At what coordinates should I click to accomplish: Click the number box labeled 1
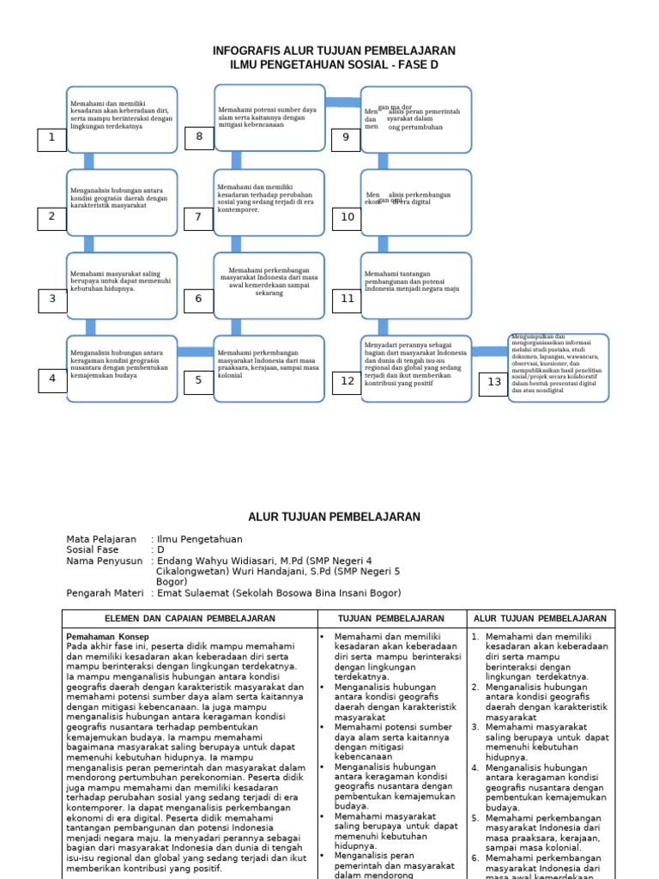point(51,139)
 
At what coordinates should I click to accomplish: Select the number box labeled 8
point(199,137)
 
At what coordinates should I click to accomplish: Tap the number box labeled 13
point(494,382)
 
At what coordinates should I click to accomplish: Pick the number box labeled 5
point(199,380)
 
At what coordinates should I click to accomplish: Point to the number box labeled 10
point(347,218)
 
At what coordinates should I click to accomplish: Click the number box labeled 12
point(347,381)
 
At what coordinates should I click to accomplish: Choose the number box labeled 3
point(52,300)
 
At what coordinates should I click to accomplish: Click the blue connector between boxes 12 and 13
point(490,351)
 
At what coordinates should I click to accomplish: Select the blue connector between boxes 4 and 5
point(196,351)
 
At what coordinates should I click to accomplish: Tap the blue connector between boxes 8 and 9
point(343,102)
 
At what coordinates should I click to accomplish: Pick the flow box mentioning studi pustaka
point(559,367)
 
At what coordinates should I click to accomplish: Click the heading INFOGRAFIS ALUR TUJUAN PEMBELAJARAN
point(334,52)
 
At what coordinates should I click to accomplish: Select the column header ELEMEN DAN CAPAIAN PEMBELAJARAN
point(190,618)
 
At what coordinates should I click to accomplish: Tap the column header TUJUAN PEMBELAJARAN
point(391,618)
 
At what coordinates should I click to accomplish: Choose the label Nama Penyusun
point(104,561)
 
